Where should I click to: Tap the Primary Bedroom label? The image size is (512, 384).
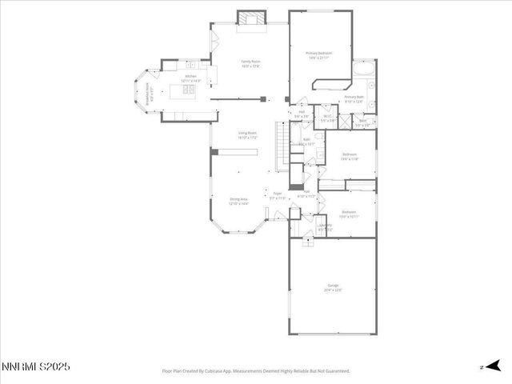[x=318, y=54]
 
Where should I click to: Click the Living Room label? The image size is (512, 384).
[x=246, y=134]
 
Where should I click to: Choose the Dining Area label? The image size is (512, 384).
[x=239, y=202]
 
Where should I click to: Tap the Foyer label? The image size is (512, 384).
[x=278, y=194]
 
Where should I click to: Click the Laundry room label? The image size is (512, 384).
[x=325, y=226]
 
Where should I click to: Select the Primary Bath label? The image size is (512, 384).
[x=354, y=98]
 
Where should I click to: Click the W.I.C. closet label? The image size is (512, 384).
[x=327, y=118]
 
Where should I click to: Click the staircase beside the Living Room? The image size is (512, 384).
[x=282, y=144]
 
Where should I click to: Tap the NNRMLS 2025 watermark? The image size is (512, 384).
[x=36, y=366]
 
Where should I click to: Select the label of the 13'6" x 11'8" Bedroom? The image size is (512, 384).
[x=350, y=155]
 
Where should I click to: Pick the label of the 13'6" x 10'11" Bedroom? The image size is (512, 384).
[x=348, y=214]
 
